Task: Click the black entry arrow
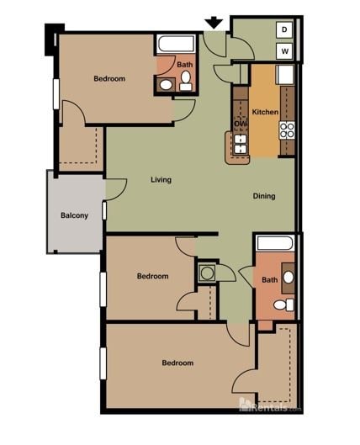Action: pos(214,22)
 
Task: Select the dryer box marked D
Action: pos(284,30)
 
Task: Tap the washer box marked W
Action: pos(284,51)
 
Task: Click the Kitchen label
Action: pos(265,113)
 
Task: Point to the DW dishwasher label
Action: pos(241,123)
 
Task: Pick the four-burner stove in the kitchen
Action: pos(288,130)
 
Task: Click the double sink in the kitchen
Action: pos(240,145)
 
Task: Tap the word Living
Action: pos(161,180)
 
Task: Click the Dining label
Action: pos(264,196)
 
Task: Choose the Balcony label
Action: pos(74,215)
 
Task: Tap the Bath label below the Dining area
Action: pos(269,280)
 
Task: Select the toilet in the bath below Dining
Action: pos(287,305)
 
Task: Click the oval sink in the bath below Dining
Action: pos(288,277)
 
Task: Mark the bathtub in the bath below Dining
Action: pos(275,243)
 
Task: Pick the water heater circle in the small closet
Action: pos(207,273)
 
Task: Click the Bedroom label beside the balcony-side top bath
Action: pos(109,79)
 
